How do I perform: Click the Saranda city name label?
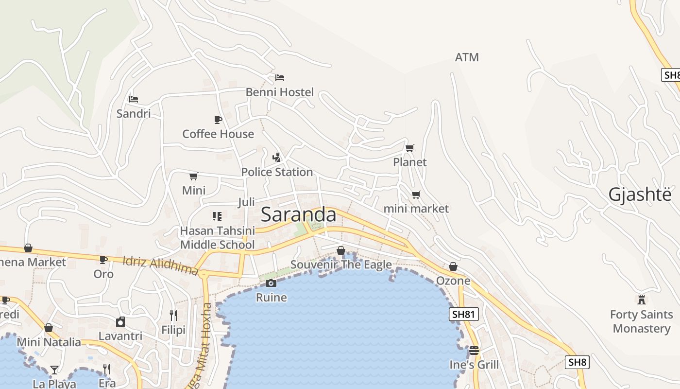click(298, 214)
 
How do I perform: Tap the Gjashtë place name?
click(640, 194)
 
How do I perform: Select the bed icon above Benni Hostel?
click(279, 77)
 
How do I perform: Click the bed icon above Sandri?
click(134, 99)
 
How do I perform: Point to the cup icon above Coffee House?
click(218, 120)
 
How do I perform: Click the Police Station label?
click(277, 172)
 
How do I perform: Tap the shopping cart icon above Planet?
click(410, 148)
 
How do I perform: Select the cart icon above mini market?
click(416, 194)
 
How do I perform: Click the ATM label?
click(467, 57)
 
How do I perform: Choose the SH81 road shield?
click(463, 314)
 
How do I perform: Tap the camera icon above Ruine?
click(271, 283)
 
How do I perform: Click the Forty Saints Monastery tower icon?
click(642, 300)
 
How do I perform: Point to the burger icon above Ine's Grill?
click(474, 350)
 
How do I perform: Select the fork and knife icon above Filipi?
click(173, 316)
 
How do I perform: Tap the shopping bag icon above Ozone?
click(453, 266)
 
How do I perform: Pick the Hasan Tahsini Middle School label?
click(217, 237)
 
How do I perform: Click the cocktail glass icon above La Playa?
click(54, 370)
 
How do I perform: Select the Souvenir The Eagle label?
click(341, 265)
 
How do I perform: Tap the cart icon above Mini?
click(193, 176)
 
